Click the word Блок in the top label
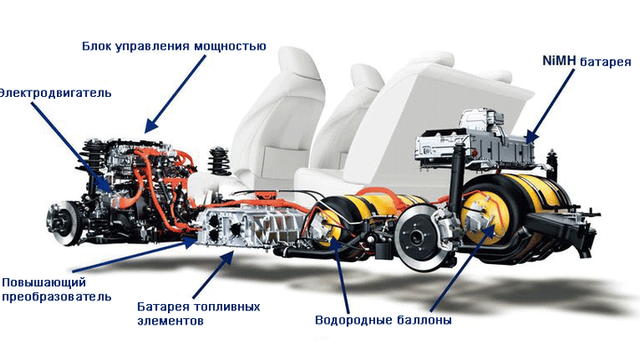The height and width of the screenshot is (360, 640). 97,45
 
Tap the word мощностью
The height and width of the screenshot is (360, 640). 230,45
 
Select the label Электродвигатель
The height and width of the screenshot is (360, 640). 55,93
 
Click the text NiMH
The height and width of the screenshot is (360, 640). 559,60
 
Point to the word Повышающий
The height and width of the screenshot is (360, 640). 44,283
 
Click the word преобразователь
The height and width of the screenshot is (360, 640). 57,297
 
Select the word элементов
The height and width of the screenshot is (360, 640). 171,321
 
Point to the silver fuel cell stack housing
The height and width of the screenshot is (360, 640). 251,227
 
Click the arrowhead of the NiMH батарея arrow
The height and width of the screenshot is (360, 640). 530,137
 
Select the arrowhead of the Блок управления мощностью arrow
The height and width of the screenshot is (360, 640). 149,125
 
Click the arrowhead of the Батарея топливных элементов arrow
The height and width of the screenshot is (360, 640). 229,256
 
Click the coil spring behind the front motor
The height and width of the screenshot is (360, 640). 220,161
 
